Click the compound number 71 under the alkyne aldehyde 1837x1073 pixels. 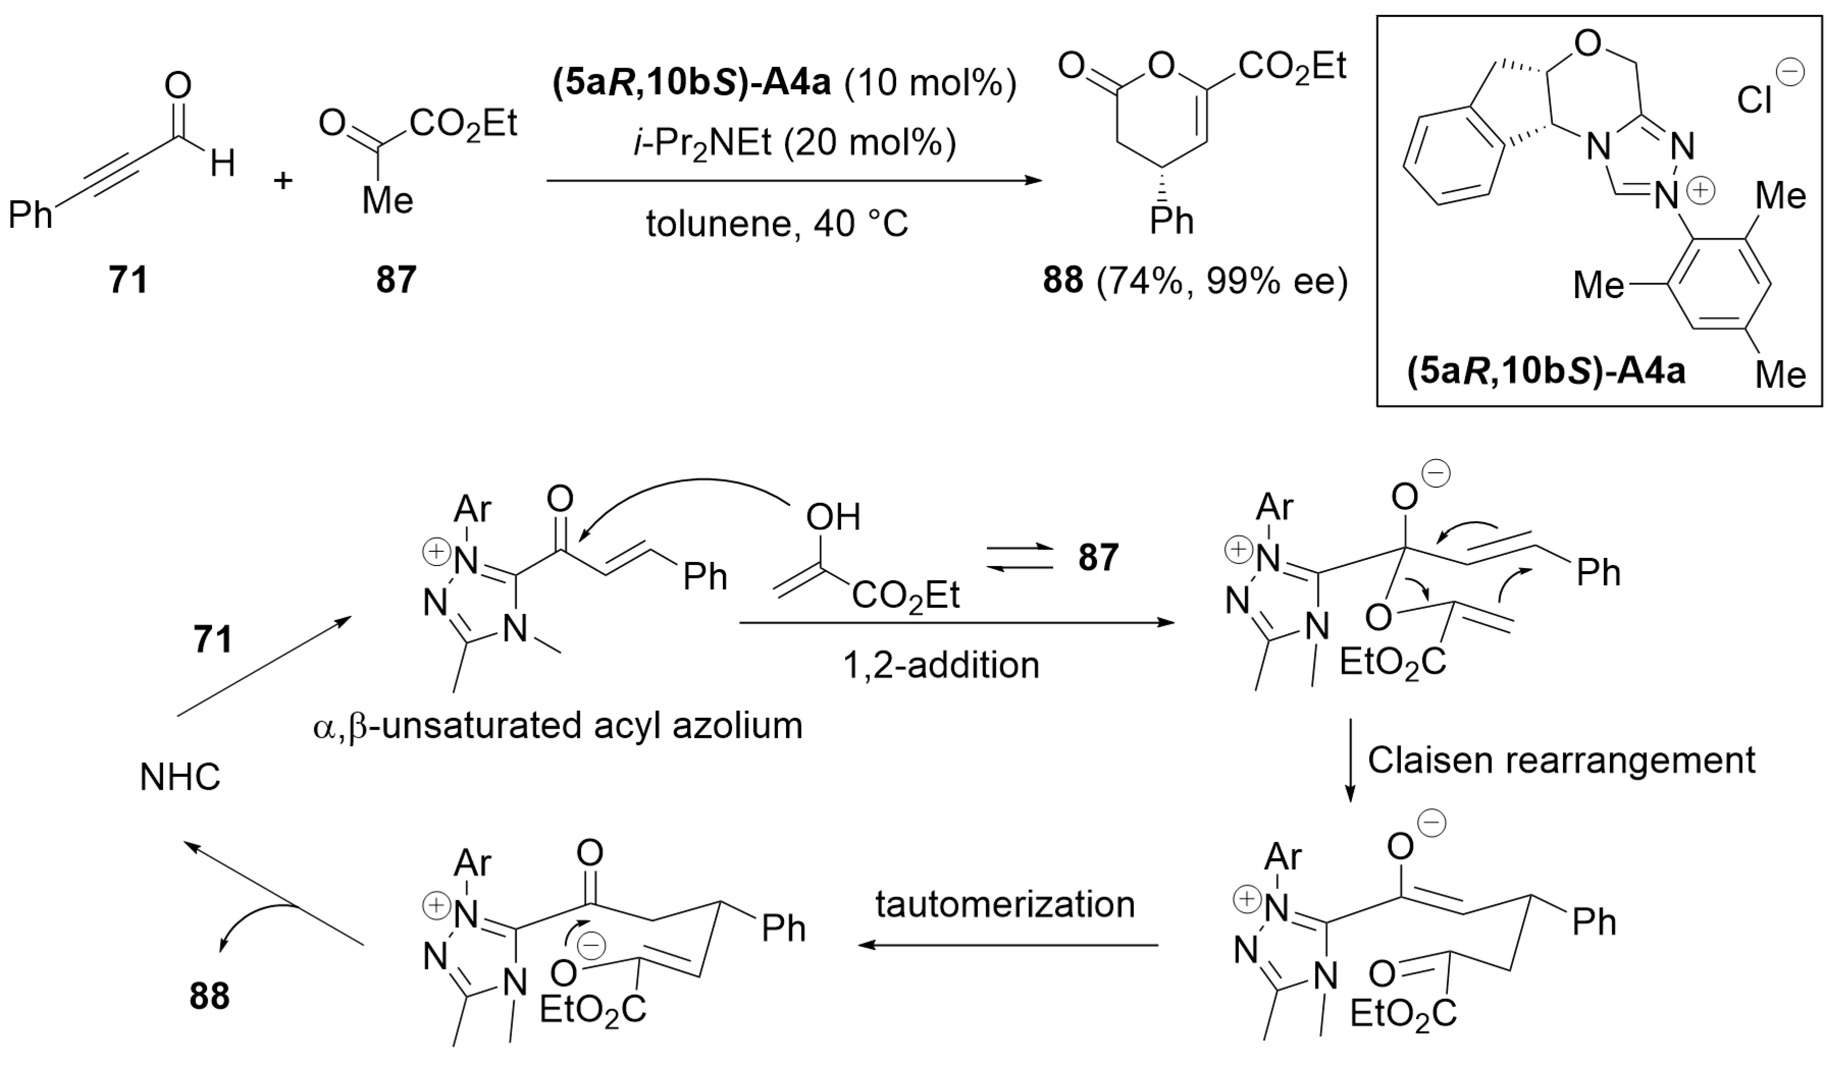(x=128, y=280)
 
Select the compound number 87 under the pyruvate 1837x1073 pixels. (x=396, y=280)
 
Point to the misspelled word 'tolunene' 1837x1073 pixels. (x=717, y=224)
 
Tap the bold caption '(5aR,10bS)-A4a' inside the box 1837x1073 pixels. (x=1546, y=372)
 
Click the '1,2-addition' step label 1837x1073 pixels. (x=940, y=665)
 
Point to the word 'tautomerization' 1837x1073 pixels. (x=1005, y=904)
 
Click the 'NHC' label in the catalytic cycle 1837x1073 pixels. (x=179, y=778)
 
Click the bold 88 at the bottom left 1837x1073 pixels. (x=209, y=996)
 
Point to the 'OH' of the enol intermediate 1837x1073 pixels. (x=832, y=517)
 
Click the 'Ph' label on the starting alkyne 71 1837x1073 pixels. (x=31, y=216)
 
